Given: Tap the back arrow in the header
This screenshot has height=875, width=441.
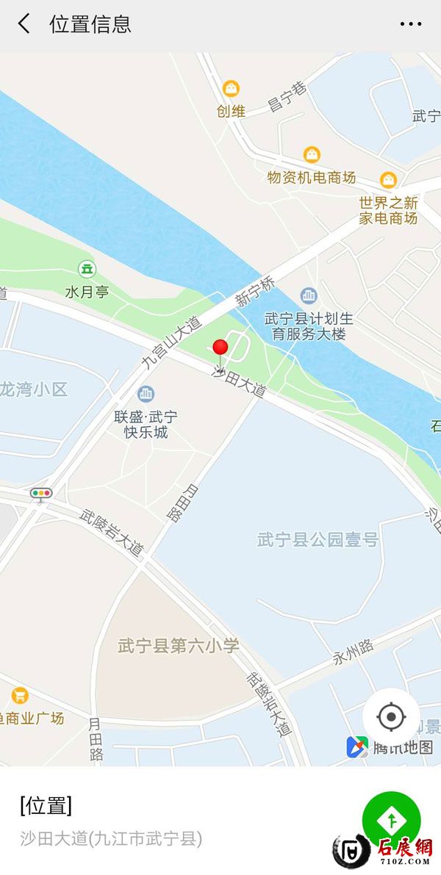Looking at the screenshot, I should [x=24, y=24].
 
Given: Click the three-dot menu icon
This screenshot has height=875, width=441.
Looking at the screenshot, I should [x=411, y=24].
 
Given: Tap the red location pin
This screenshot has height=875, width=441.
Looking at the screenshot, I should [x=220, y=348].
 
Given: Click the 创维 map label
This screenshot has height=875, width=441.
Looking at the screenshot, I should [x=231, y=111].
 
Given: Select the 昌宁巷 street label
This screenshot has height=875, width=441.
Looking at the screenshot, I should [x=287, y=98].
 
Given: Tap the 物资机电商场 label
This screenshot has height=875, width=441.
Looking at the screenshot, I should [x=312, y=177].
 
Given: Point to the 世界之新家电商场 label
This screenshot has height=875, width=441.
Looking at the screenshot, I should [x=388, y=210].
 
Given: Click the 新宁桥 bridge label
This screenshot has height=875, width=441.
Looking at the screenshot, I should [x=255, y=292].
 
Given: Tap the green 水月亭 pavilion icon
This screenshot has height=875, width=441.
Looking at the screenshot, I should [x=87, y=269].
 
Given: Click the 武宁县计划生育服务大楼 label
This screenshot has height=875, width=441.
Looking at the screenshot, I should [x=309, y=326].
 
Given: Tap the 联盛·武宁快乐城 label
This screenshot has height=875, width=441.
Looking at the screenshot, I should [x=146, y=424].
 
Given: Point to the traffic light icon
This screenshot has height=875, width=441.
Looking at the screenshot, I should [x=41, y=494].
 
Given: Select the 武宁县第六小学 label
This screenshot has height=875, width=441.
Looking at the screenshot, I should [x=179, y=647].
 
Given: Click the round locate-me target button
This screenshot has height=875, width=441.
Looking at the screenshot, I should [x=391, y=716].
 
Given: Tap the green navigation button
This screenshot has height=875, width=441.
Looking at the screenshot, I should [x=391, y=820].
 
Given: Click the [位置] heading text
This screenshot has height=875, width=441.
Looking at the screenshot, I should [x=46, y=806].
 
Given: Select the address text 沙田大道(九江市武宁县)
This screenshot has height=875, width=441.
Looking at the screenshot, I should [x=111, y=838].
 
